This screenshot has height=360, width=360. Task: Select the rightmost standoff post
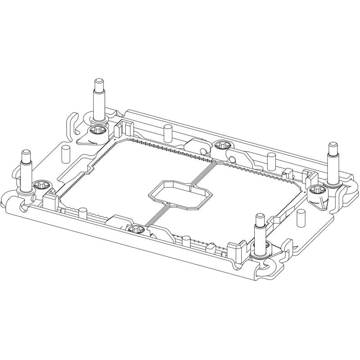333,162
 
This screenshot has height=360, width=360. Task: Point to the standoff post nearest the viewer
260,232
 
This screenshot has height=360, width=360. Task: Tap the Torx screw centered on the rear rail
221,145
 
